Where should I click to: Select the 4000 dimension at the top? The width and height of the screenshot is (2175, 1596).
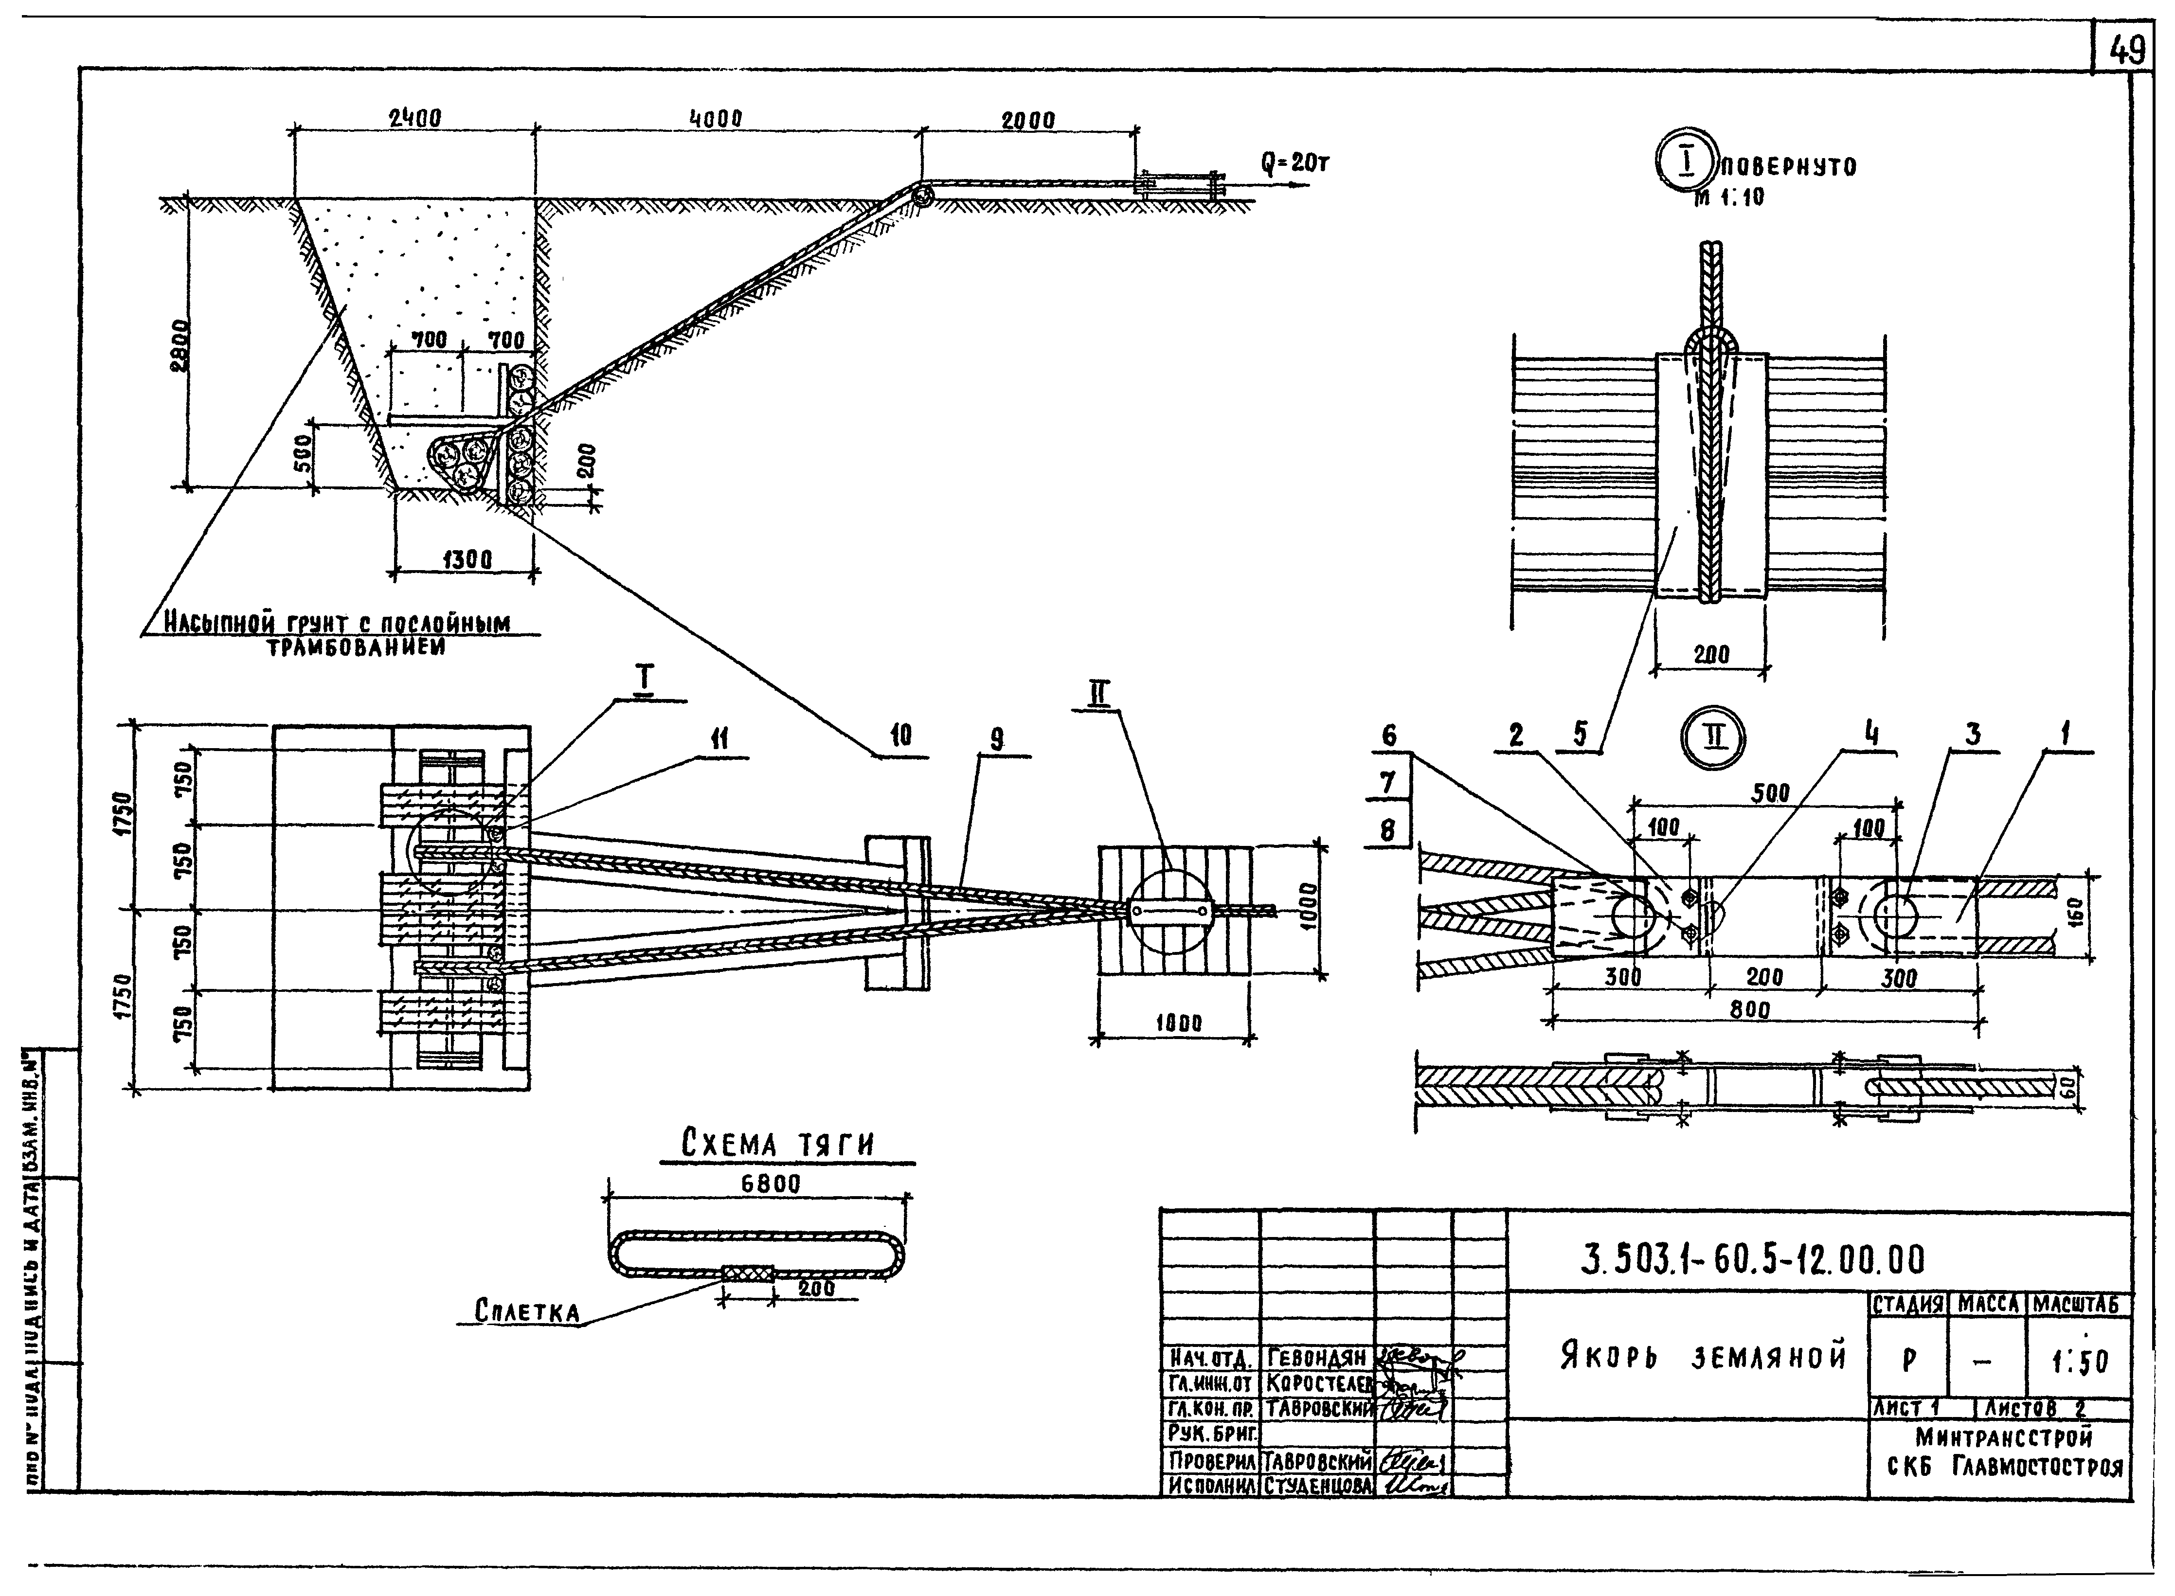coord(715,119)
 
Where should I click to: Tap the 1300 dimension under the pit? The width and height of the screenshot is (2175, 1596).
coord(467,559)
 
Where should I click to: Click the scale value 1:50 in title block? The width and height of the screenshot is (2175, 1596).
coord(2079,1362)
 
